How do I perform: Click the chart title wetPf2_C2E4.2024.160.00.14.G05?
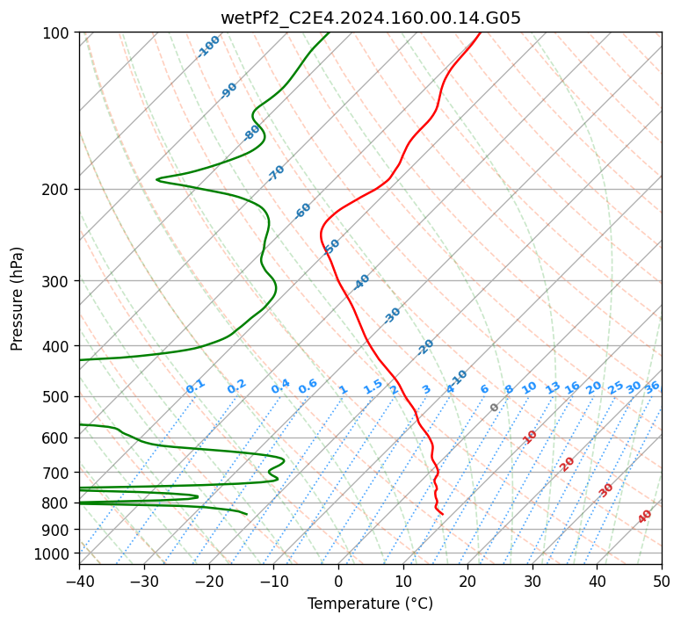(x=371, y=18)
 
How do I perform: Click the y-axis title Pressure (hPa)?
(x=17, y=299)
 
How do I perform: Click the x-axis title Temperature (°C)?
(x=371, y=604)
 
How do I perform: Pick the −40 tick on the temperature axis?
(x=79, y=581)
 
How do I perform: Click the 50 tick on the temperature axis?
(x=662, y=581)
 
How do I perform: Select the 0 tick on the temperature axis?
(x=339, y=581)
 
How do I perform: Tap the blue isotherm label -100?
(x=208, y=47)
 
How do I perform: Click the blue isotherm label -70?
(x=276, y=173)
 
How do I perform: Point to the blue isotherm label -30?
(x=392, y=315)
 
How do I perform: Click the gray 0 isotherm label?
(x=494, y=407)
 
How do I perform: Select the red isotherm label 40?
(x=644, y=516)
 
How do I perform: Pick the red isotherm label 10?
(x=530, y=437)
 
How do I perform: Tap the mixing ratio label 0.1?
(x=195, y=387)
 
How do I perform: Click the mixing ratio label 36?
(x=652, y=387)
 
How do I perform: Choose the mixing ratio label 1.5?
(x=373, y=387)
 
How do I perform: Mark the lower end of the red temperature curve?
(x=443, y=514)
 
